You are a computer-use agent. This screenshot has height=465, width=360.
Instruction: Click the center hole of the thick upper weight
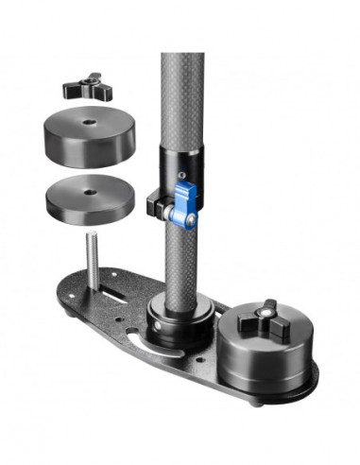(88, 120)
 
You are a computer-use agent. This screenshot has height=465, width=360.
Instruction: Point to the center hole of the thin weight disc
(87, 192)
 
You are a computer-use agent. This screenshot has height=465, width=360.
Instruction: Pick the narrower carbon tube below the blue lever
(181, 255)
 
